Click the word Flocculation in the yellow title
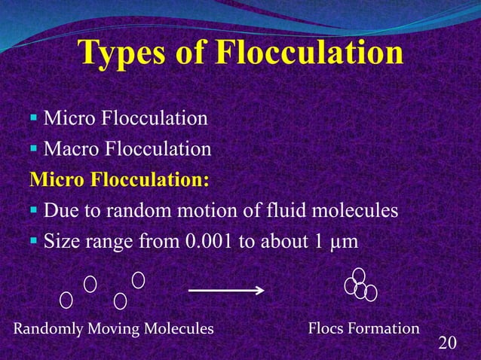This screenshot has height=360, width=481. [x=309, y=54]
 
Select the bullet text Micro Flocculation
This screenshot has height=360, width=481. [x=125, y=119]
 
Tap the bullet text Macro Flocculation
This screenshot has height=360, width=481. [x=127, y=150]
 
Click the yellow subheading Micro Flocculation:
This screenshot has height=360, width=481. [x=118, y=181]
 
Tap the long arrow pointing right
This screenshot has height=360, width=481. [x=225, y=289]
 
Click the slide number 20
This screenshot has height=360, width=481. [x=447, y=343]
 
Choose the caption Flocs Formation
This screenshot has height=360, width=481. [x=363, y=328]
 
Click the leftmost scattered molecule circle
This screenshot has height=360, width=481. [x=66, y=300]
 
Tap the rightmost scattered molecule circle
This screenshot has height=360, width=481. [x=138, y=279]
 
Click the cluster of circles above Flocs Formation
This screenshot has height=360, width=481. [x=360, y=287]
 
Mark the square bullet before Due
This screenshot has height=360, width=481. [x=34, y=212]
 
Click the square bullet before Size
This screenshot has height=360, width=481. [x=34, y=243]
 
